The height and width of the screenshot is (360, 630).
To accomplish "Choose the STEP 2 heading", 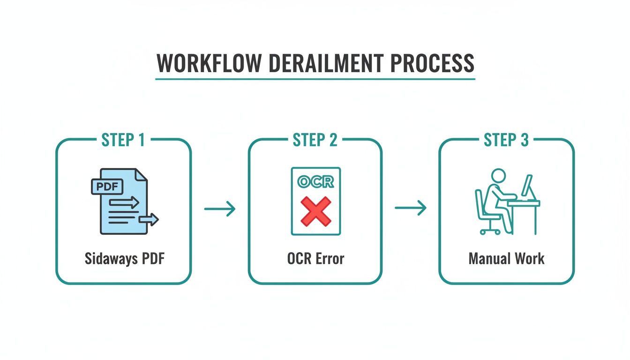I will pos(315,140).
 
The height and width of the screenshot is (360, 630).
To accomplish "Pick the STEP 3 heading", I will pos(506,140).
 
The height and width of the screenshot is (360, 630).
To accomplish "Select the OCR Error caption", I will pos(315,258).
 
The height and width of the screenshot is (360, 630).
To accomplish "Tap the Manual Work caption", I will pos(506,258).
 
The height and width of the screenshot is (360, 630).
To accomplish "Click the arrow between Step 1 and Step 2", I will pos(219,209).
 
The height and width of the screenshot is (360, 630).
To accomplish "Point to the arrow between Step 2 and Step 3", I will pos(411,209).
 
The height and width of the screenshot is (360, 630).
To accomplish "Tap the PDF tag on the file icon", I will pos(106,186).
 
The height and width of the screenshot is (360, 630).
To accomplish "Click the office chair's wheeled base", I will pos(490,230).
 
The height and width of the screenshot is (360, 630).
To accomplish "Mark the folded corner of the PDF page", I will pos(141,174).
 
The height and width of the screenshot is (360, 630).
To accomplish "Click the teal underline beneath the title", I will pos(315,79).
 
